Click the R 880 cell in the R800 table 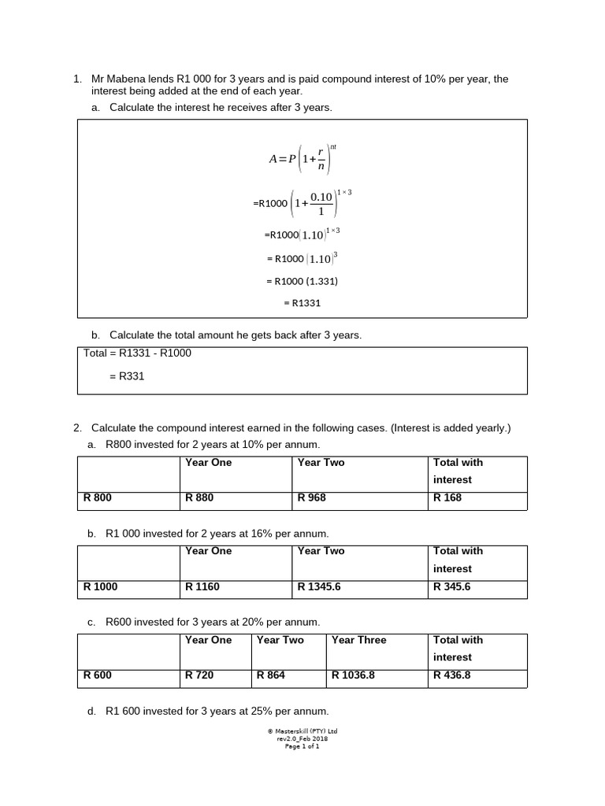click(199, 498)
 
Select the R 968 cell click(312, 498)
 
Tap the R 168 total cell click(447, 498)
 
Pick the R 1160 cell click(202, 587)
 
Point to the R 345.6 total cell click(452, 587)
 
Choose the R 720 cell click(199, 675)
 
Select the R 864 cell click(271, 675)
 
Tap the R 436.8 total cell click(452, 675)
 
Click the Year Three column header click(359, 641)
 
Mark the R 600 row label click(98, 675)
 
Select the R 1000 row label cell click(101, 587)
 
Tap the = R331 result click(128, 377)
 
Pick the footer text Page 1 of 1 click(302, 746)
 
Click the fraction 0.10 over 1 click(321, 203)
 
